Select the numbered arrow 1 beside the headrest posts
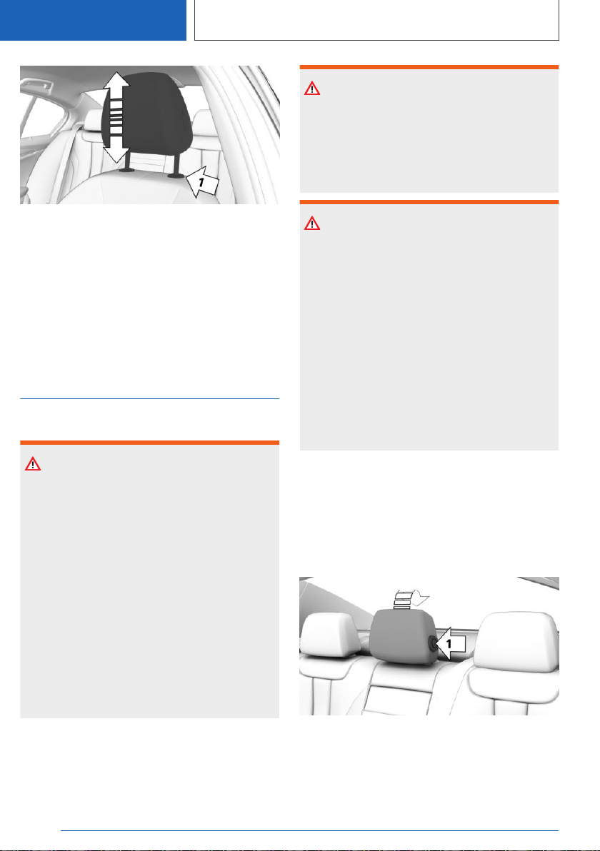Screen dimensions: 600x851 click(x=202, y=183)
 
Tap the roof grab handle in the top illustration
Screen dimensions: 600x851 click(x=37, y=86)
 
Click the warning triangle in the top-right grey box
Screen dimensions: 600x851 click(x=312, y=89)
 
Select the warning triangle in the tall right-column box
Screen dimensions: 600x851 click(x=312, y=223)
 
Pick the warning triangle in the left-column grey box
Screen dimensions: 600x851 click(x=33, y=464)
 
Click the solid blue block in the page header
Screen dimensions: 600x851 click(x=93, y=20)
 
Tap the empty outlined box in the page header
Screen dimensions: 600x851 click(x=377, y=20)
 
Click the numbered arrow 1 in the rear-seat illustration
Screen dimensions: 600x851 click(x=450, y=644)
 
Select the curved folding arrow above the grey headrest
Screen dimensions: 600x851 click(x=411, y=599)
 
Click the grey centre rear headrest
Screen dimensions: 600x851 click(x=403, y=637)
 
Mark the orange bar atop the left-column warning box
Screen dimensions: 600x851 click(x=150, y=443)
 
